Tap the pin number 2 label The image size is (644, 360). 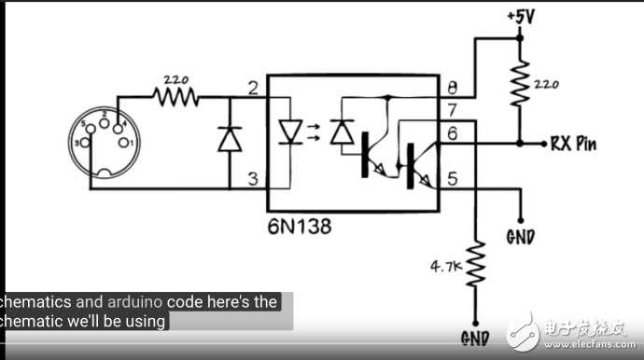252,89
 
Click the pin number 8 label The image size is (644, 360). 453,90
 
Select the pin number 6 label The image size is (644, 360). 453,135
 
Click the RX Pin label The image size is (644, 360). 574,144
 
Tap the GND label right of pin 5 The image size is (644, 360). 520,236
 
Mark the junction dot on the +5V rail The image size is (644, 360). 520,38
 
